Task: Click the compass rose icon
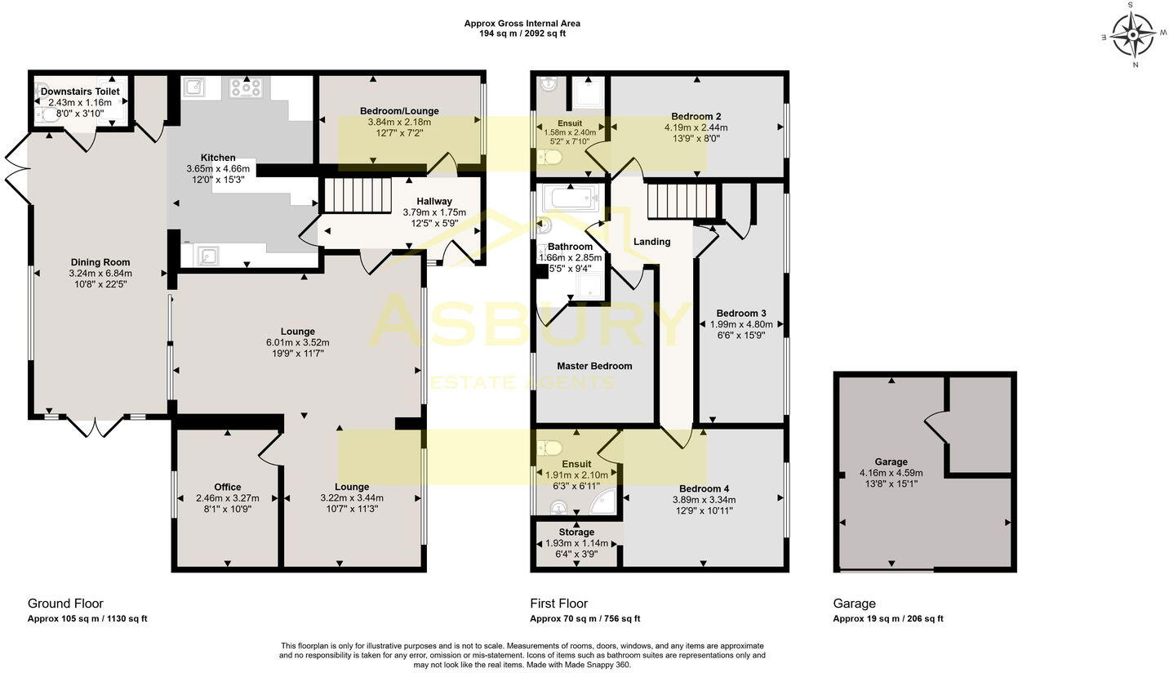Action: (x=1134, y=35)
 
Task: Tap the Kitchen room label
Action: (x=218, y=158)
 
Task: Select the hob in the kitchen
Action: (x=245, y=87)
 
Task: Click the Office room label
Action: (x=228, y=487)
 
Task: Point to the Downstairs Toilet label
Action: (x=80, y=91)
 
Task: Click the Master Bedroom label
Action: (x=594, y=366)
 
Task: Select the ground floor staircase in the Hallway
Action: (x=358, y=196)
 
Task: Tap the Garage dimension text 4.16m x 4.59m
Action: (x=891, y=472)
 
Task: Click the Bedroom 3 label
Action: (x=741, y=313)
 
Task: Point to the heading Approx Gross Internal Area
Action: (x=522, y=24)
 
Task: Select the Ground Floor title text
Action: (x=65, y=604)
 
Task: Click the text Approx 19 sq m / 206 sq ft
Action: (x=887, y=618)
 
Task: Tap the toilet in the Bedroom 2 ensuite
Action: (x=553, y=156)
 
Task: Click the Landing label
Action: (x=651, y=241)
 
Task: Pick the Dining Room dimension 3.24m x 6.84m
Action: (x=100, y=273)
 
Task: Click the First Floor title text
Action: (x=558, y=604)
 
